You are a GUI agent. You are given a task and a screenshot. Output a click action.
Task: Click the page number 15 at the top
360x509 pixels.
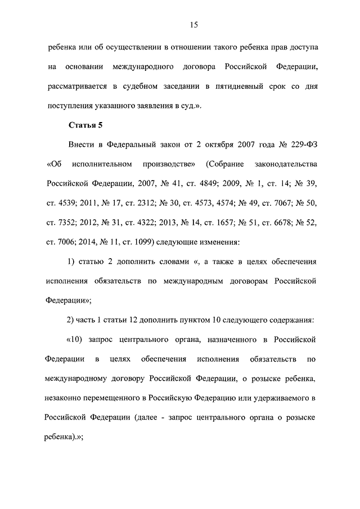click(193, 24)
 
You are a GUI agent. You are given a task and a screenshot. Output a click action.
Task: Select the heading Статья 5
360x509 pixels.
click(84, 124)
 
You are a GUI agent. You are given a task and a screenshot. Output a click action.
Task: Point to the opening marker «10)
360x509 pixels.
click(76, 340)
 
